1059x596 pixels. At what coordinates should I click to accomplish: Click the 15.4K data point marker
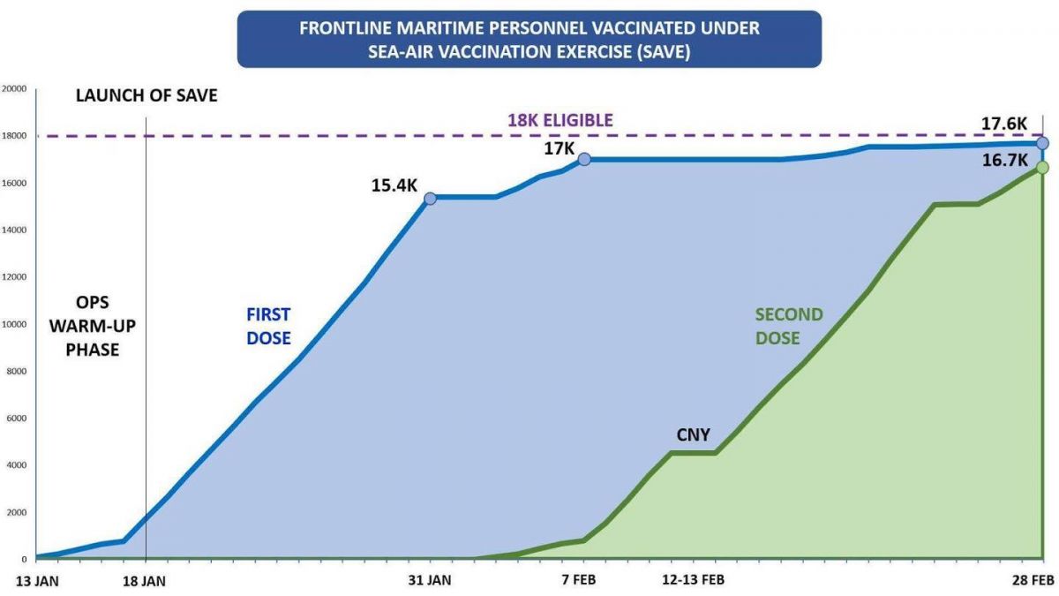pos(430,198)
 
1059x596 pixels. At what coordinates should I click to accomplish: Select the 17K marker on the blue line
pos(584,159)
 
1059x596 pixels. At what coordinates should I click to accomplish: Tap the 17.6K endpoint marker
pos(1042,143)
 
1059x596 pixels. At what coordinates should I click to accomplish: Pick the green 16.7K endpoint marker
pos(1042,167)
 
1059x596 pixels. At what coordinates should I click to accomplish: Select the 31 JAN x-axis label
pos(430,579)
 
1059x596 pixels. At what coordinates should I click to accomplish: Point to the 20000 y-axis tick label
pos(14,88)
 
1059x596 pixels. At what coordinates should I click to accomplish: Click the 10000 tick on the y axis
pos(14,324)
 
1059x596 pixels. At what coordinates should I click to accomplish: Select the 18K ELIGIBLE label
pos(560,120)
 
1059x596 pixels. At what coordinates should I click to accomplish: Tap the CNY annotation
pos(693,434)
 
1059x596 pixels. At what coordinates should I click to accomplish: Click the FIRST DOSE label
pos(268,326)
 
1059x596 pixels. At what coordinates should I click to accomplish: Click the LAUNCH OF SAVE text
pos(146,95)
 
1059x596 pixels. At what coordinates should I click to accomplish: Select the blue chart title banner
pos(529,39)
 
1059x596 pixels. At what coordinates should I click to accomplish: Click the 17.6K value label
pos(1004,123)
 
